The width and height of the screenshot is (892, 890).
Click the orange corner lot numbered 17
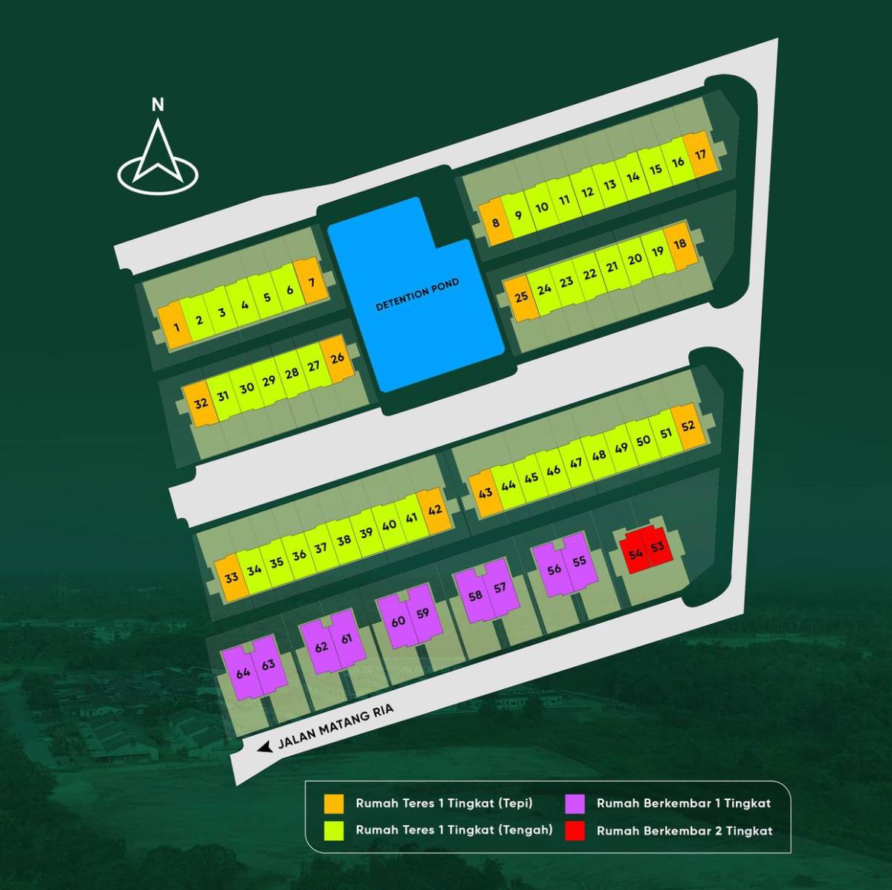coord(700,154)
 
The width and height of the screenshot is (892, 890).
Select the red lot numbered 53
coord(657,547)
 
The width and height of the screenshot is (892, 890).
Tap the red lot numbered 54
coord(636,554)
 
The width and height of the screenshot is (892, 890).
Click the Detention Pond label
coord(418,294)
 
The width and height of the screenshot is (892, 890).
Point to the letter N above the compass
coord(158,106)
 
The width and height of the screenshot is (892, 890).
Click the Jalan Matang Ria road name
coord(335,726)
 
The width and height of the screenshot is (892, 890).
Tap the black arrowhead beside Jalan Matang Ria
coord(265,747)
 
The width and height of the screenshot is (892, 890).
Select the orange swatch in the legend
coord(334,804)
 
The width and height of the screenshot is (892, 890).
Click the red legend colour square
coord(575,831)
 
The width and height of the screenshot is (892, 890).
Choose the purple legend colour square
coord(575,804)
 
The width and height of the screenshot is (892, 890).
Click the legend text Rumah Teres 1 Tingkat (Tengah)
coord(454,831)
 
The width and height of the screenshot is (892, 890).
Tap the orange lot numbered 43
coord(485,493)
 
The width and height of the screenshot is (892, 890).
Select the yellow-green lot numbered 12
coord(587,192)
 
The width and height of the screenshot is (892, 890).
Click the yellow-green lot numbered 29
coord(268,381)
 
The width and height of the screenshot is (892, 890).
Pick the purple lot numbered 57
coord(500,588)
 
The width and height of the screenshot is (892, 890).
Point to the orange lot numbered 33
coord(231,577)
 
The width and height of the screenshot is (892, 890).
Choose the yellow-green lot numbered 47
coord(575,463)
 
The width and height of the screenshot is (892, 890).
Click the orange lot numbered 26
coord(337,358)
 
